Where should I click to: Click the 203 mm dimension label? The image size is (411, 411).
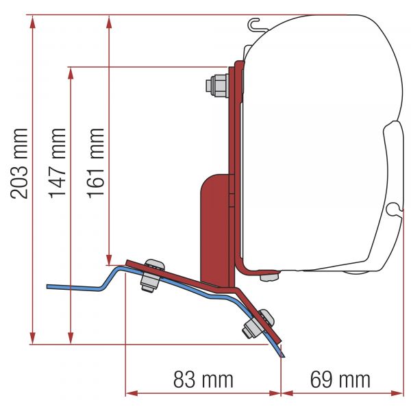click(20, 163)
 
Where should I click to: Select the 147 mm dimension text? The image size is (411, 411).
click(58, 163)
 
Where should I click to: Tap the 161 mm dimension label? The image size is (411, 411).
click(97, 163)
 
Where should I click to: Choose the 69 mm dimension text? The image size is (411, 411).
click(340, 379)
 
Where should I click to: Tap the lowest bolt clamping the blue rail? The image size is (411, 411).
click(258, 323)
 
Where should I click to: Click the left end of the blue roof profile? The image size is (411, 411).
click(49, 286)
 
